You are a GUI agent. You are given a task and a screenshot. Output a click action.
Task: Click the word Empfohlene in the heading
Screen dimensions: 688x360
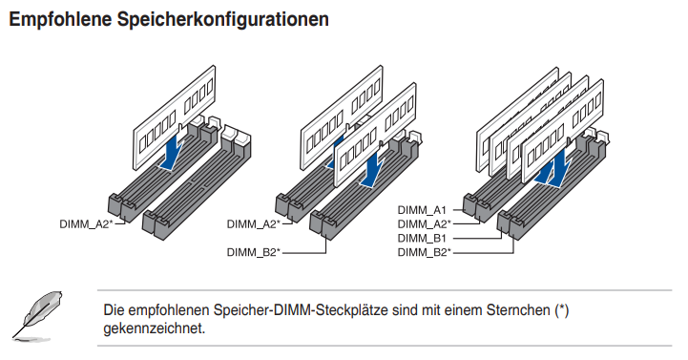coord(60,20)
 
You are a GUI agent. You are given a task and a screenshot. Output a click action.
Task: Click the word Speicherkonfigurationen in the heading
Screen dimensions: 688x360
coord(223,20)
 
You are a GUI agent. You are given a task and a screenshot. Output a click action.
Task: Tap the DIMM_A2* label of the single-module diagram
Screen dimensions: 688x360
coord(87,223)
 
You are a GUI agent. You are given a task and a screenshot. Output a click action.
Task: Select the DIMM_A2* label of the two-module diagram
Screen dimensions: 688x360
coord(254,223)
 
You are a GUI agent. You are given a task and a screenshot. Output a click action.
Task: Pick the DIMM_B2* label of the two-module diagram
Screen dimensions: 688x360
coord(254,252)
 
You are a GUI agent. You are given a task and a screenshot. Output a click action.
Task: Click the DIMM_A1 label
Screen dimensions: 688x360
coord(422,210)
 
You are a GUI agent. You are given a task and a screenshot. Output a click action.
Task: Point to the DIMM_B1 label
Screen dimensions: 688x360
coord(422,239)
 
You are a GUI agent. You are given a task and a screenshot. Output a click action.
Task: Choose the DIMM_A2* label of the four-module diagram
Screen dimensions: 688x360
coord(425,223)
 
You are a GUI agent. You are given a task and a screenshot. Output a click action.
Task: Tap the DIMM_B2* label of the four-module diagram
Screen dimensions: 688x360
coord(425,252)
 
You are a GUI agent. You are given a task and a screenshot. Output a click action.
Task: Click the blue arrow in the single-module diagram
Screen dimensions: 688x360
coord(173,153)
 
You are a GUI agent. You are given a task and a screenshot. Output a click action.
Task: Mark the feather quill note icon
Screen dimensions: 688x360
coord(37,315)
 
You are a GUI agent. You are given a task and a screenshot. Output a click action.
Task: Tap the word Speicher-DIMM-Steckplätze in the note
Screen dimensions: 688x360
coord(301,310)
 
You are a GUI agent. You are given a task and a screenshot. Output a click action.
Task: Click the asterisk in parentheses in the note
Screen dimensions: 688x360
coord(562,310)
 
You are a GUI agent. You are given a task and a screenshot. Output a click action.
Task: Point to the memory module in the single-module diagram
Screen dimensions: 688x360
coord(175,117)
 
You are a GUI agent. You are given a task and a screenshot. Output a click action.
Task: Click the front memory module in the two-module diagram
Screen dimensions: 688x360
coord(375,135)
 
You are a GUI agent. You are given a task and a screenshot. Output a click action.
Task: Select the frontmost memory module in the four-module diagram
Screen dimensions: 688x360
coord(563,131)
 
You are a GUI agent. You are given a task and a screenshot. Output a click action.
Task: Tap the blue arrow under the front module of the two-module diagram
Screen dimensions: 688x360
coord(373,169)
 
